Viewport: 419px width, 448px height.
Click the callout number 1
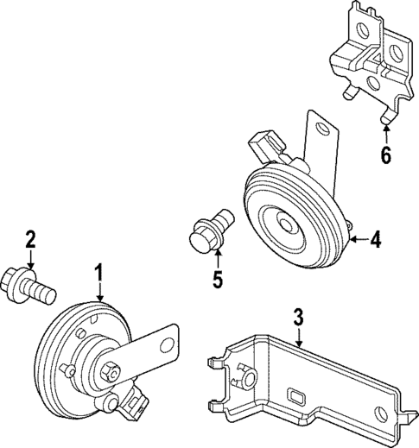(98, 274)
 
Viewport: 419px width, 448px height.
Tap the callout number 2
(30, 239)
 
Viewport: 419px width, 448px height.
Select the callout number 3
(299, 317)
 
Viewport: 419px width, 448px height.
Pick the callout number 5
(218, 279)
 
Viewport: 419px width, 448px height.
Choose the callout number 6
(386, 155)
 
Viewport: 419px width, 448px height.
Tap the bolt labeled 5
(210, 231)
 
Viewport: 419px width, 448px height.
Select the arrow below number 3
(299, 337)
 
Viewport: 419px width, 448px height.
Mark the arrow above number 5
(218, 259)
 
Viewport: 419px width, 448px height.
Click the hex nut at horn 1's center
(110, 372)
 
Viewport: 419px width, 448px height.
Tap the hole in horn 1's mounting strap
(166, 344)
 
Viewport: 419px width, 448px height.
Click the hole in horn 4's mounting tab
(322, 128)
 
